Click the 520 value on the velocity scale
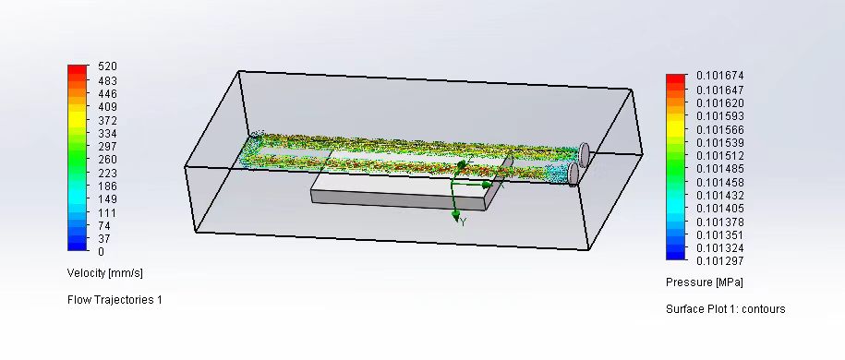point(107,66)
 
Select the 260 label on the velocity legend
point(107,160)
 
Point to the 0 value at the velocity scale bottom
point(102,252)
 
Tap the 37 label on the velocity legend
point(104,238)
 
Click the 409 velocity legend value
point(107,107)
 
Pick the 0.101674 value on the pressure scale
point(720,76)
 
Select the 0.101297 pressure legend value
point(720,261)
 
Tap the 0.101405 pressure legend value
point(720,208)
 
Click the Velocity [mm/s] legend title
point(105,273)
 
